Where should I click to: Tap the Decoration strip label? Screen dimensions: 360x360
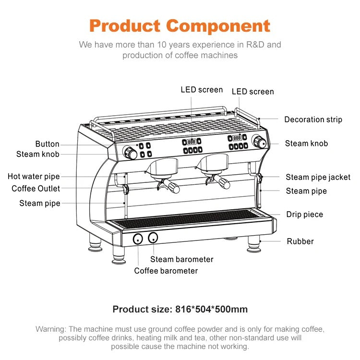[313, 120]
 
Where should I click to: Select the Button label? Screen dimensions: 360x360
[47, 144]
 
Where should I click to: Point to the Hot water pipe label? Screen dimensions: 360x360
[34, 177]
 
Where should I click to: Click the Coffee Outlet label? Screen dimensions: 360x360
[36, 189]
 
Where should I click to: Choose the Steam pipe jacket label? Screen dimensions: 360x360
[318, 178]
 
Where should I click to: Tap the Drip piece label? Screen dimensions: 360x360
[304, 215]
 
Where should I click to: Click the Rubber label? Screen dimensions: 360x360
[300, 241]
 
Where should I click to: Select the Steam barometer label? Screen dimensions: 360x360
[181, 259]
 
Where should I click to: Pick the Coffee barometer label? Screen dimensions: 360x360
[166, 271]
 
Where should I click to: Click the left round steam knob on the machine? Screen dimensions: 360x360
[131, 153]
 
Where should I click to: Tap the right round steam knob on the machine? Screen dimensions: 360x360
[260, 143]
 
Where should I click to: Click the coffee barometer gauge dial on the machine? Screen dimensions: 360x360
[138, 239]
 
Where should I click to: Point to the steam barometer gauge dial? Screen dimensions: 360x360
[153, 237]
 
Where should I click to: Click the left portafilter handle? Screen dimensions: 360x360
[171, 187]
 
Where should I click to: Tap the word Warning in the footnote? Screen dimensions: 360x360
[50, 329]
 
